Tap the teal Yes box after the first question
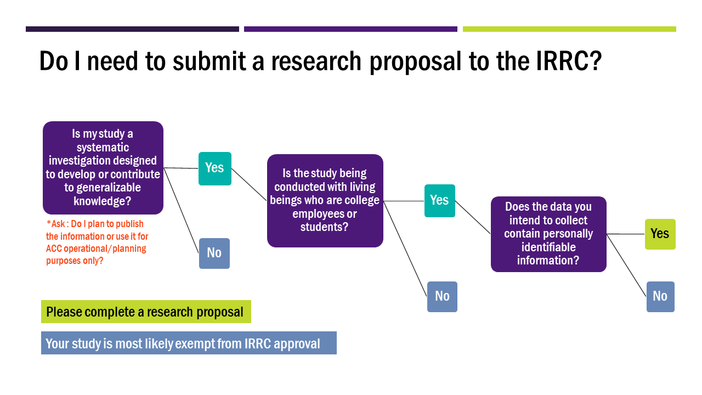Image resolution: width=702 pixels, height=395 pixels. pos(215,168)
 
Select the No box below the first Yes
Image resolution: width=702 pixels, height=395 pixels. pos(214,253)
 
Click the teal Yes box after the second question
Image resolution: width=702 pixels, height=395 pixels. pos(440,201)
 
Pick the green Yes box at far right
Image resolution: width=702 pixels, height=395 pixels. pos(660,234)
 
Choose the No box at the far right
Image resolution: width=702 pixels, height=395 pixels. pos(660,297)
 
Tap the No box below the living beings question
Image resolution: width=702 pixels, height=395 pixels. pos(442,297)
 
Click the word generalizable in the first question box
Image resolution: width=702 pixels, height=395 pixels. pos(109,188)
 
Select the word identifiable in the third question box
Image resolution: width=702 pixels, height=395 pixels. pos(548,247)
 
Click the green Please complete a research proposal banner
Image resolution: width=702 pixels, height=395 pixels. pos(146,312)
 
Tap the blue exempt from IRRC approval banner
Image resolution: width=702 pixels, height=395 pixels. pos(189,343)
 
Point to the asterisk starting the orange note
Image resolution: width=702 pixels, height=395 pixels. pos(49,223)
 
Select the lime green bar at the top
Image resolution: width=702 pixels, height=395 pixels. pos(569,29)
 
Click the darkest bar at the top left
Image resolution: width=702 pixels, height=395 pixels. pos(132,29)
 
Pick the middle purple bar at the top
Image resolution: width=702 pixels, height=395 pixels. pos(350,29)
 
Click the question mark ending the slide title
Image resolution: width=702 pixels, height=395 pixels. pos(596,61)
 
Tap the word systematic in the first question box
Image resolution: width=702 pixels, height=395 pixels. pos(103,148)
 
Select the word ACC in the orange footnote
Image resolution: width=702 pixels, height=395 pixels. pos(53,249)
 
